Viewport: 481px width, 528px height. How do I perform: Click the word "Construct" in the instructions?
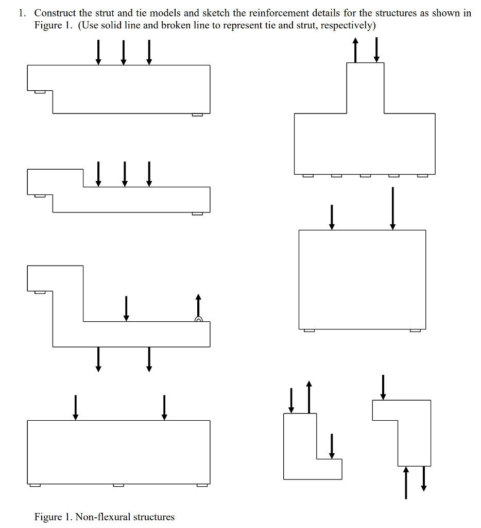[55, 13]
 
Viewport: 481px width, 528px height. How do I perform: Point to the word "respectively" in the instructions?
[345, 26]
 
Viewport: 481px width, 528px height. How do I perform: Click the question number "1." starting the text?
[22, 13]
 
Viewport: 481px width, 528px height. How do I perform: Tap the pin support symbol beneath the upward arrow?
[198, 319]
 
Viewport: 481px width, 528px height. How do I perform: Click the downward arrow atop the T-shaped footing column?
[376, 50]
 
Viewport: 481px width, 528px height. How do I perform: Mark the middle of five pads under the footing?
[365, 176]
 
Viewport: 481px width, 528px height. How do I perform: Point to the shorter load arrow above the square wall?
[332, 217]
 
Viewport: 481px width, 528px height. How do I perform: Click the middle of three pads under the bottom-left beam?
[118, 485]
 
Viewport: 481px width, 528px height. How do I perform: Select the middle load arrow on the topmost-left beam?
[124, 53]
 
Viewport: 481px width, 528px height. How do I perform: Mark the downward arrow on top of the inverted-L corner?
[383, 387]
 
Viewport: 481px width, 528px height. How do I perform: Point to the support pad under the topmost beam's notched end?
[40, 92]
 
